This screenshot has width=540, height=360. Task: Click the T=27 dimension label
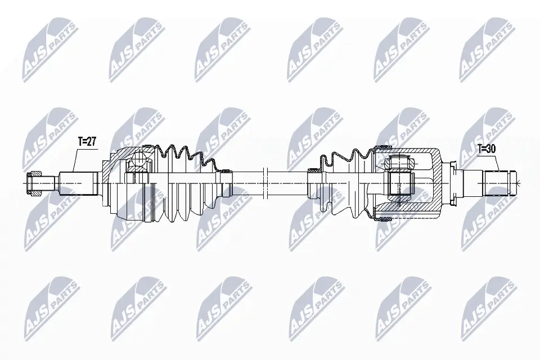click(87, 142)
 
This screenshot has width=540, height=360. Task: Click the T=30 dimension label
click(487, 149)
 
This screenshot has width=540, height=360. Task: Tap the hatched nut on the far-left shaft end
click(34, 183)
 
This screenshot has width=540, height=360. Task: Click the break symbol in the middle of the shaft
click(265, 183)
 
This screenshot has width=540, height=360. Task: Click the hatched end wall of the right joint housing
click(436, 183)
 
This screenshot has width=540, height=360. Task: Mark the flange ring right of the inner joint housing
click(453, 183)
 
